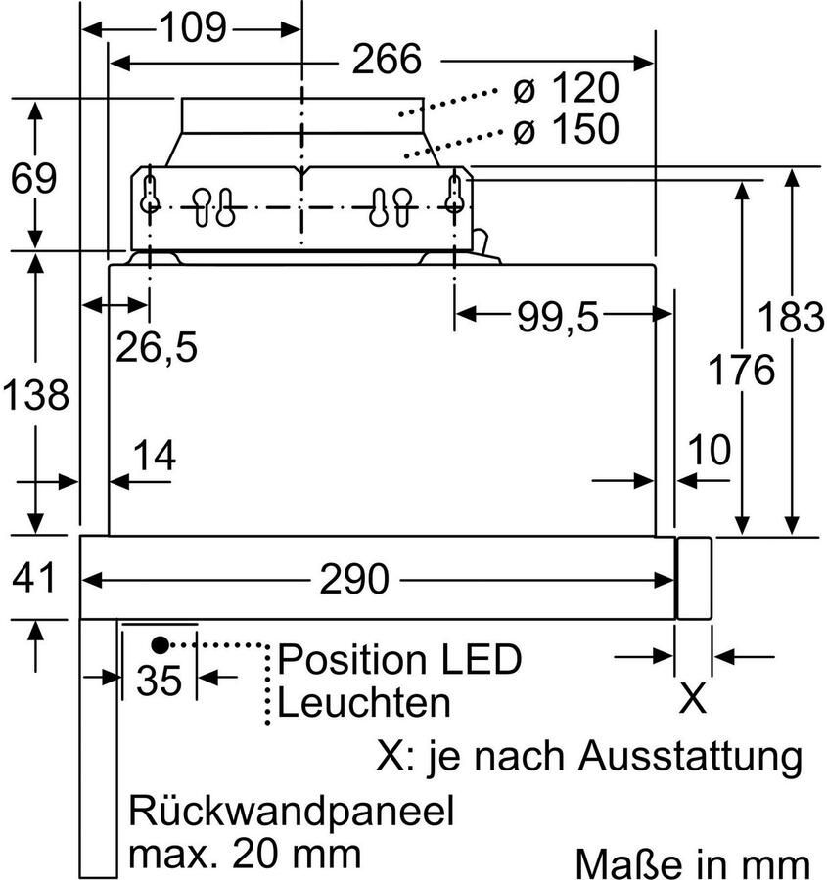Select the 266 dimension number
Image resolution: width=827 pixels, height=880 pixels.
[387, 61]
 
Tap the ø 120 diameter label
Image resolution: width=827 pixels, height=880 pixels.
[566, 90]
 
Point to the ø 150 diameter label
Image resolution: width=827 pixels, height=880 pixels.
[566, 129]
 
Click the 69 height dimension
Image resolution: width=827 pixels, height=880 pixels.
[33, 179]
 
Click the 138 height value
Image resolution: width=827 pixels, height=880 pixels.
[34, 395]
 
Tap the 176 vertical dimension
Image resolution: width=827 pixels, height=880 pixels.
[743, 371]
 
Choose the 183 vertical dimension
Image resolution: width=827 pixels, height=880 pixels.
[793, 316]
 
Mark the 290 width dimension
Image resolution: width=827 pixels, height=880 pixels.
[353, 579]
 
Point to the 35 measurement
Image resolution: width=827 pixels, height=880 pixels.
[160, 681]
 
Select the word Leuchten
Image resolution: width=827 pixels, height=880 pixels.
[364, 702]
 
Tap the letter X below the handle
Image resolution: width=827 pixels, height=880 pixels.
[693, 698]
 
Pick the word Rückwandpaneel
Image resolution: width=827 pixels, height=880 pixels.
[292, 813]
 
